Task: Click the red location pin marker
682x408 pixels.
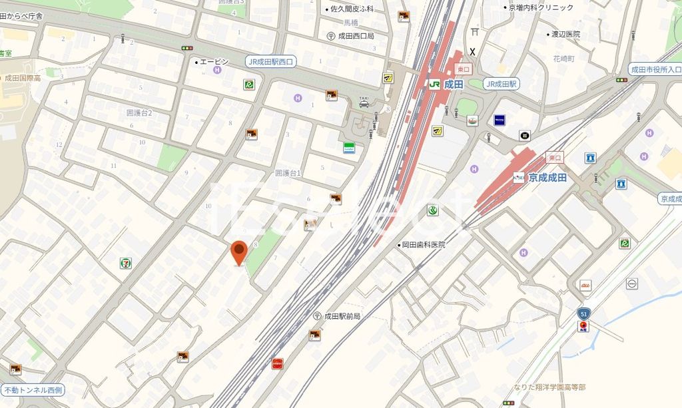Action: (239, 252)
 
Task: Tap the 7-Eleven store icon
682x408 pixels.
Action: (125, 263)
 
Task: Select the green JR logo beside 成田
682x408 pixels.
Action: (434, 84)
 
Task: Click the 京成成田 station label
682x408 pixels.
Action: (547, 178)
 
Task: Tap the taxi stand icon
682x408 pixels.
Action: (364, 101)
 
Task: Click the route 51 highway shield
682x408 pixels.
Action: (583, 313)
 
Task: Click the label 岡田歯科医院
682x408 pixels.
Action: (423, 245)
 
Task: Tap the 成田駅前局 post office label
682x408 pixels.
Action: (342, 316)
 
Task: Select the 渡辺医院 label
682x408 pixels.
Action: (565, 34)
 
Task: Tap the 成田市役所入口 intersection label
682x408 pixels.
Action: (656, 69)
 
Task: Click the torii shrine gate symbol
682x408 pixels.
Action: (474, 31)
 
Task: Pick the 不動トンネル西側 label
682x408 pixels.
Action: (33, 389)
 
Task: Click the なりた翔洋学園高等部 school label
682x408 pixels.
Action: (549, 387)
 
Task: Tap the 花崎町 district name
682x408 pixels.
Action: (563, 59)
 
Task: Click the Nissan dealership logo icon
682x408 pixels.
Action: (631, 284)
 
